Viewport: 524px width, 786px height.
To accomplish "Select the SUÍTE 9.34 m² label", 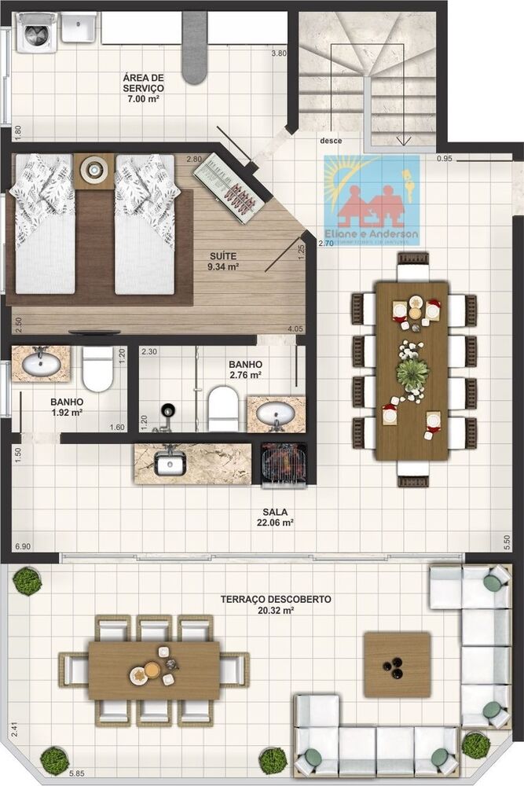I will click(224, 261).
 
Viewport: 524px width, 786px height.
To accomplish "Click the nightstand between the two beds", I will click(94, 169).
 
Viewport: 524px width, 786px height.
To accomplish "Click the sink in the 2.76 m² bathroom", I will click(276, 413).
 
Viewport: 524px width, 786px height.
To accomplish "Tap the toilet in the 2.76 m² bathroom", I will click(223, 410).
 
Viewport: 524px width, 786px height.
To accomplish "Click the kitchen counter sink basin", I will click(169, 465).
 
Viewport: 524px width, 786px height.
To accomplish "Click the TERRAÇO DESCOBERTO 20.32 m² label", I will click(275, 604).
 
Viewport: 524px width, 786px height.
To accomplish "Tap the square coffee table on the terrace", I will click(397, 665).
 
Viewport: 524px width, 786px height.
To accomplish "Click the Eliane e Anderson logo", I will click(372, 201).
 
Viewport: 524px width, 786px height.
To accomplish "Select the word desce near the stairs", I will click(330, 141).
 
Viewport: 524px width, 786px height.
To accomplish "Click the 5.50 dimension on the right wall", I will click(506, 542).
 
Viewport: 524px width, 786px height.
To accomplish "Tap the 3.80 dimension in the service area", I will click(278, 53).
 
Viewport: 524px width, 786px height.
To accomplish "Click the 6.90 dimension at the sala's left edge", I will click(23, 545).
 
